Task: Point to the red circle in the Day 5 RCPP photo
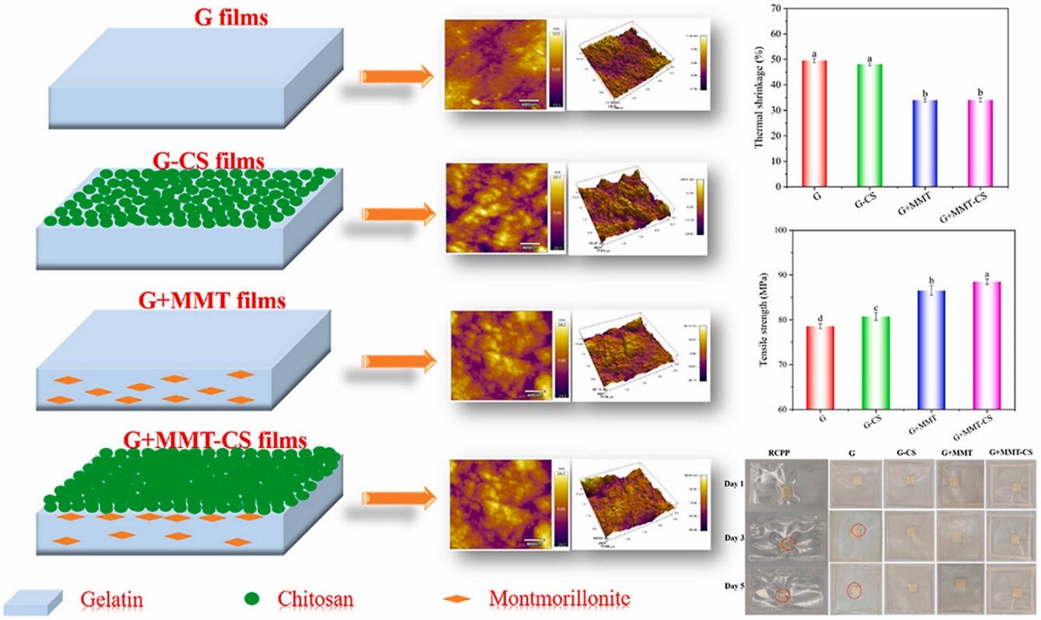coord(783,595)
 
